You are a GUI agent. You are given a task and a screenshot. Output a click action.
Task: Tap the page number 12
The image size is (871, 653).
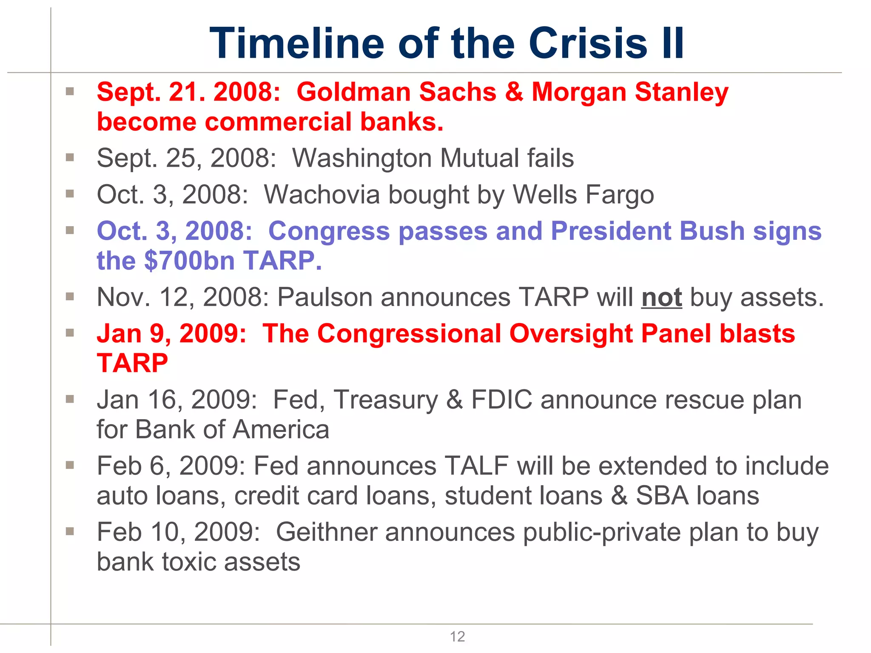pyautogui.click(x=457, y=636)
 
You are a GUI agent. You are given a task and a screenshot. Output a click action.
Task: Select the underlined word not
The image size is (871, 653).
pyautogui.click(x=661, y=297)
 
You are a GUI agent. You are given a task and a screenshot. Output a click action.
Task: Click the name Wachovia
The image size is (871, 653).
pyautogui.click(x=322, y=195)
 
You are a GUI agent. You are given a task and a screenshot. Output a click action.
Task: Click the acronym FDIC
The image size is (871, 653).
pyautogui.click(x=501, y=400)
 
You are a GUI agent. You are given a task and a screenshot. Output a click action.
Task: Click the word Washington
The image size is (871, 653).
pyautogui.click(x=361, y=158)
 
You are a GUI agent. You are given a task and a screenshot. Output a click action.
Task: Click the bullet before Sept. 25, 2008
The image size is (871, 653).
pyautogui.click(x=70, y=158)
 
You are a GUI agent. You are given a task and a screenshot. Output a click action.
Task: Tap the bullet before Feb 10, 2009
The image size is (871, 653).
pyautogui.click(x=70, y=531)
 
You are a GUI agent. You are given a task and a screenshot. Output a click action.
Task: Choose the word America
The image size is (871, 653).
pyautogui.click(x=281, y=429)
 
